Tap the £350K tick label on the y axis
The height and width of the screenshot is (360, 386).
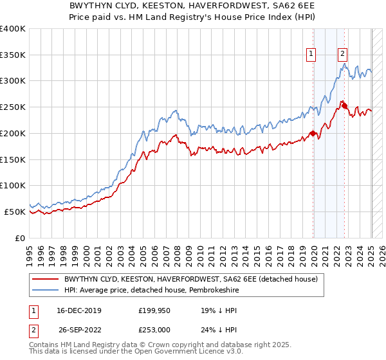(x=13, y=55)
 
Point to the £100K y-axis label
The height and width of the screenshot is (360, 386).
(x=13, y=185)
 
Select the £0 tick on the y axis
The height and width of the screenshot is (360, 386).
(x=21, y=238)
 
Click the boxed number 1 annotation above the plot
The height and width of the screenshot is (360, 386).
(x=311, y=55)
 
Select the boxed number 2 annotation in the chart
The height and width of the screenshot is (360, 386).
(x=342, y=55)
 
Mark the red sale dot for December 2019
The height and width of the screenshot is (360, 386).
(x=313, y=134)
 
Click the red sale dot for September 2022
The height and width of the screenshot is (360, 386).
(x=345, y=106)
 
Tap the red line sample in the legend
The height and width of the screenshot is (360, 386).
(x=46, y=279)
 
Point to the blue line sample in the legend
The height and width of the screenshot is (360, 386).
(x=46, y=291)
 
